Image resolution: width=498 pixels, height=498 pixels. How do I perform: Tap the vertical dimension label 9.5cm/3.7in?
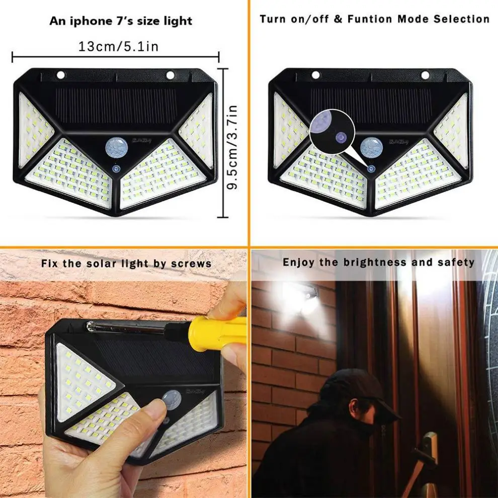(x=232, y=147)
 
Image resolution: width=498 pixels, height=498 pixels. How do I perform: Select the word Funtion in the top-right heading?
(x=370, y=19)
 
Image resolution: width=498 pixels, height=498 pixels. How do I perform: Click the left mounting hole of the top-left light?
(x=61, y=75)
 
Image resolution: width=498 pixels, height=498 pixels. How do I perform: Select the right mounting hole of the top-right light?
(x=426, y=75)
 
